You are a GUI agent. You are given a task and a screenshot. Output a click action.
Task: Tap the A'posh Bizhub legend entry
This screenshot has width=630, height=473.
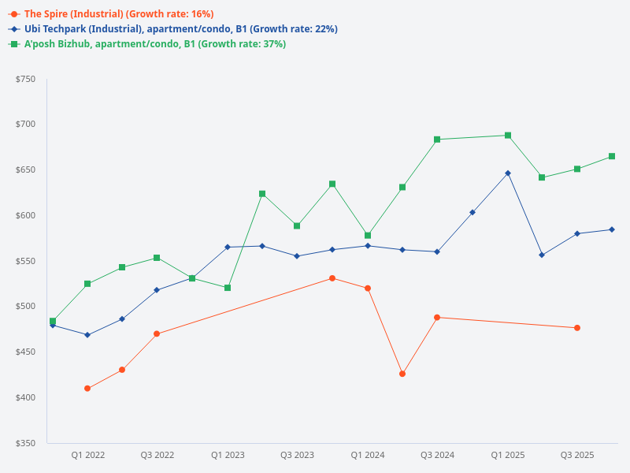(x=154, y=44)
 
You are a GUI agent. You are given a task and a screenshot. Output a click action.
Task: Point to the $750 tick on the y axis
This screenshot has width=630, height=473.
(x=25, y=79)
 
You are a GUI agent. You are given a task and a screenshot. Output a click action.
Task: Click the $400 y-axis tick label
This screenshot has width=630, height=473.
(x=25, y=397)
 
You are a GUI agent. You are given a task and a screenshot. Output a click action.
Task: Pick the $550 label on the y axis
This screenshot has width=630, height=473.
(x=25, y=261)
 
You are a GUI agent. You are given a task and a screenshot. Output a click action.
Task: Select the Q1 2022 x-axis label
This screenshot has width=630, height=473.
(x=88, y=456)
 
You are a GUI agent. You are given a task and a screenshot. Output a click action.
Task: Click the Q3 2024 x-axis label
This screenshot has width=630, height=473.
(x=437, y=456)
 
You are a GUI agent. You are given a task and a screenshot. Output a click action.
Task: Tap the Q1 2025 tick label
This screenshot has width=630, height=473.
(x=508, y=456)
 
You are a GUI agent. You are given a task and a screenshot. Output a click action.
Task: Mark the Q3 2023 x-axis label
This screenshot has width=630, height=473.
(x=297, y=456)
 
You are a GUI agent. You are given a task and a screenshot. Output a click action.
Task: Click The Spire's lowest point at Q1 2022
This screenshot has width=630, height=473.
(x=87, y=389)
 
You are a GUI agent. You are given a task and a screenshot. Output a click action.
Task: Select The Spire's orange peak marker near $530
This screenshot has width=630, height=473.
(x=332, y=278)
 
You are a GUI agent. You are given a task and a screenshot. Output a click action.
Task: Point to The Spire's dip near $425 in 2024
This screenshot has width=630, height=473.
(x=402, y=374)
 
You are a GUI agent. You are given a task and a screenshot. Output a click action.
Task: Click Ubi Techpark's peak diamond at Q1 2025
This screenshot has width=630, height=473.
(x=508, y=173)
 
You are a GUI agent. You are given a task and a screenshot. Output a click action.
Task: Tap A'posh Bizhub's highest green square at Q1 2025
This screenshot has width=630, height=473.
(x=508, y=136)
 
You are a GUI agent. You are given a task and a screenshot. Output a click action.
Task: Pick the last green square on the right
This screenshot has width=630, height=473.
(x=612, y=156)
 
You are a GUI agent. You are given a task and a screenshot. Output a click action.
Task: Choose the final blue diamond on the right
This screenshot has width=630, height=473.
(x=612, y=229)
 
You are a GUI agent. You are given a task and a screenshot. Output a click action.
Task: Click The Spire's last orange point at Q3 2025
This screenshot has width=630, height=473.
(x=577, y=328)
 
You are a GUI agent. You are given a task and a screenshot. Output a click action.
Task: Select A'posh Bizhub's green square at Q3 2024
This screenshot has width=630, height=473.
(x=437, y=140)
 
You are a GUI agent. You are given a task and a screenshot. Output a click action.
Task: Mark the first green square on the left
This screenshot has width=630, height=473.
(x=53, y=321)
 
